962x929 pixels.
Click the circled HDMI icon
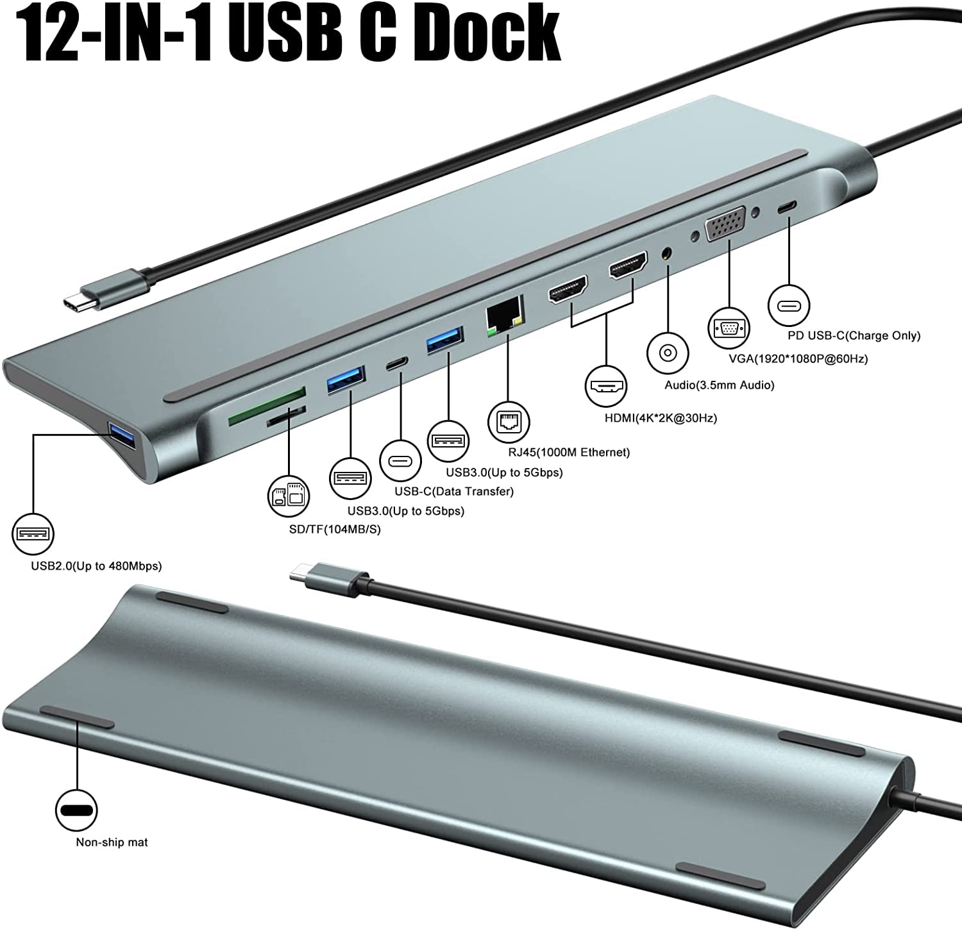pyautogui.click(x=605, y=387)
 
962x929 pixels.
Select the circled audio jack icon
pyautogui.click(x=668, y=353)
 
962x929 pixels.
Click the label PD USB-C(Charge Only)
pyautogui.click(x=854, y=335)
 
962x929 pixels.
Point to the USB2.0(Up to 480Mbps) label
pyautogui.click(x=96, y=566)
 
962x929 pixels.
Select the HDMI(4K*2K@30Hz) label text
pyautogui.click(x=661, y=418)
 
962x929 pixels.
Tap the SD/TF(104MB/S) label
pyautogui.click(x=334, y=530)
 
